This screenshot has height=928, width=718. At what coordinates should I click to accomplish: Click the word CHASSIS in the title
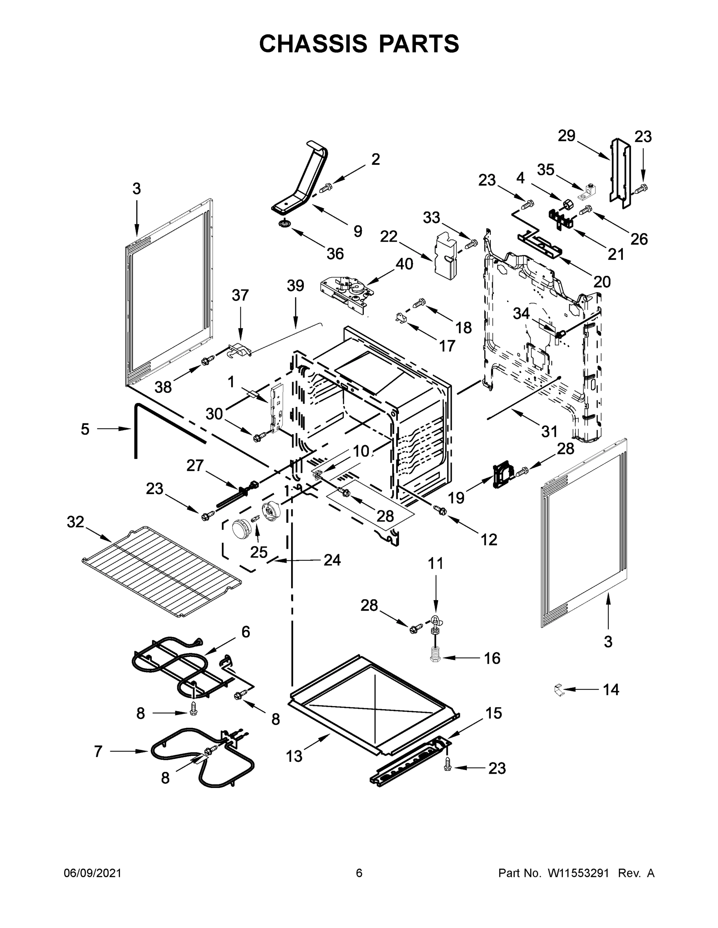click(313, 44)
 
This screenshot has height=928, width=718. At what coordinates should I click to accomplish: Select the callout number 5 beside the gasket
click(85, 429)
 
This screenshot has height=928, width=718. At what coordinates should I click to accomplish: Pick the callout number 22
click(388, 236)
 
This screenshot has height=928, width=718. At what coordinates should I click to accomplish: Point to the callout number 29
click(567, 136)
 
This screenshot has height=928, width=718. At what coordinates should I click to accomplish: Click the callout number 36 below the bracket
click(335, 254)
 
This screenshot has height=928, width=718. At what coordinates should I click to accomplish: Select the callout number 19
click(456, 498)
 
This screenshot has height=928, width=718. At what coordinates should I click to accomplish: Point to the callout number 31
click(549, 432)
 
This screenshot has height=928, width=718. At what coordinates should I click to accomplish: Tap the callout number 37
click(240, 295)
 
